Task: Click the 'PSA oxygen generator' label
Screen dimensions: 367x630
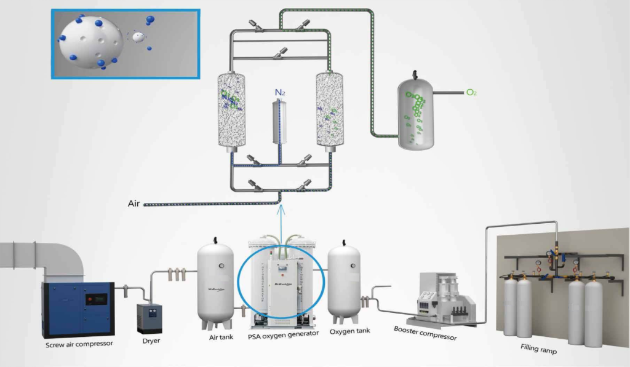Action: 283,334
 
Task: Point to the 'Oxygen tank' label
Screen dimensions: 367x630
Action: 349,332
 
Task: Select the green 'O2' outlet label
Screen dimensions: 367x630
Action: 471,93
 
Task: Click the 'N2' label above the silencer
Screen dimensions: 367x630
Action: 280,93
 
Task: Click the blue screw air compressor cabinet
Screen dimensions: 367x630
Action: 78,308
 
